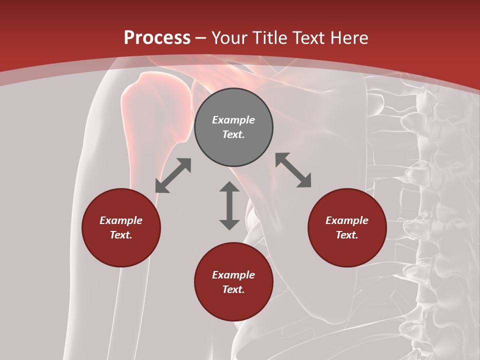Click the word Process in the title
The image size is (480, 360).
tap(157, 38)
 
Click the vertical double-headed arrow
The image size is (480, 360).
tap(229, 205)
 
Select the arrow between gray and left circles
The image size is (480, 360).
tap(173, 175)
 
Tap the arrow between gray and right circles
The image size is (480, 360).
tap(293, 170)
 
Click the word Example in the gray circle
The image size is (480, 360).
tap(233, 120)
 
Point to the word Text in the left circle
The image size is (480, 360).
tap(121, 235)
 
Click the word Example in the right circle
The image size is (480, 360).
tap(347, 220)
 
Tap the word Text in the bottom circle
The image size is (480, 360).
tap(233, 289)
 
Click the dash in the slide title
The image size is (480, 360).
tap(201, 38)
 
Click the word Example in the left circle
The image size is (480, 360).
tap(121, 220)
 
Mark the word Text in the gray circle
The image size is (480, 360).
tap(233, 134)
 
